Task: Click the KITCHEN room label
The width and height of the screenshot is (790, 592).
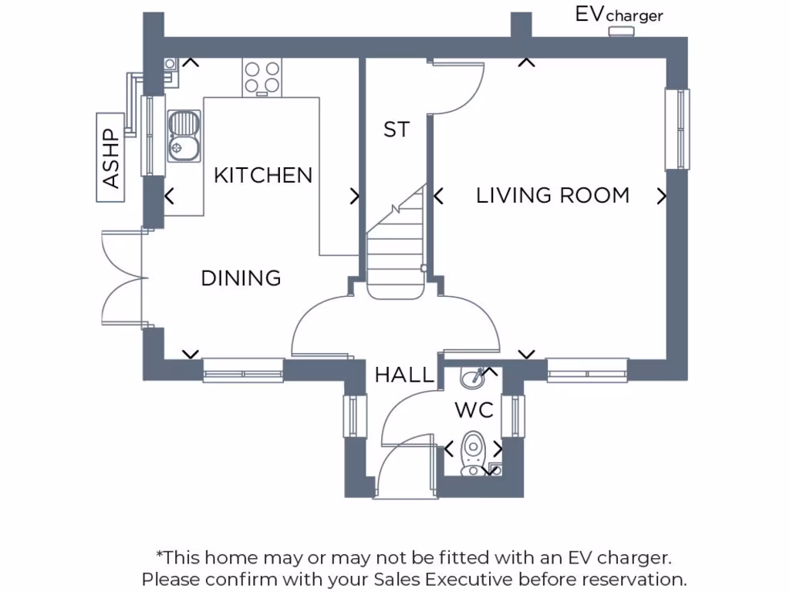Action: (263, 176)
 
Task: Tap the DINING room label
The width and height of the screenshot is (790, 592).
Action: (241, 278)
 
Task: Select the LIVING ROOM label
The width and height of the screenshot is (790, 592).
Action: (552, 196)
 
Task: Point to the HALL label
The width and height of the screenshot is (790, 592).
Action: (404, 375)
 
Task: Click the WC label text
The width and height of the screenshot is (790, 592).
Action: (474, 411)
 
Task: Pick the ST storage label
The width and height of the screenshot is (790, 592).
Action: (397, 130)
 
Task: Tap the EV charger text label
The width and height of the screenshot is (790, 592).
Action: (619, 15)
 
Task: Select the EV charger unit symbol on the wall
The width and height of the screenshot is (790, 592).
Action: (621, 32)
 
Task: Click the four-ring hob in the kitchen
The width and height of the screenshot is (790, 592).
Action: (262, 76)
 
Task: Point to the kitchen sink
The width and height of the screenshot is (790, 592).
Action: (184, 135)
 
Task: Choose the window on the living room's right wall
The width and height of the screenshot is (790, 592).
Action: (677, 129)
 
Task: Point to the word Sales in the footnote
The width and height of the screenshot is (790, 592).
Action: (398, 579)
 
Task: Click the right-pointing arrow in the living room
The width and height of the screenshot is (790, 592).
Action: (661, 197)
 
